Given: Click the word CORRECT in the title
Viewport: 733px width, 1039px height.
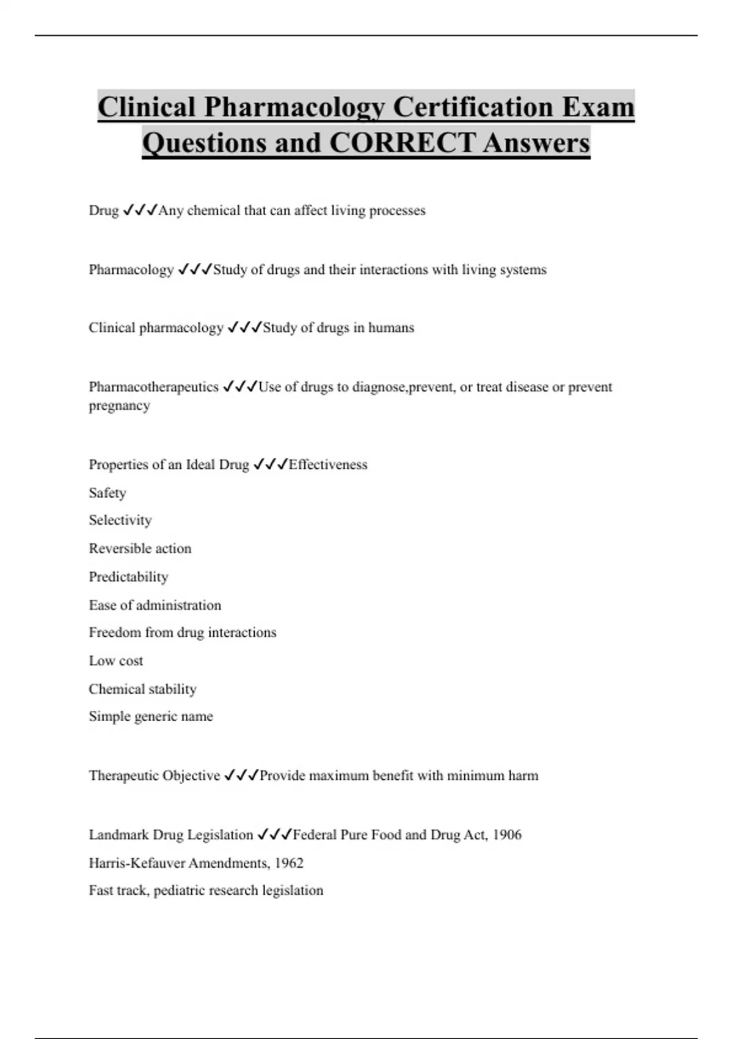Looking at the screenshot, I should (402, 143).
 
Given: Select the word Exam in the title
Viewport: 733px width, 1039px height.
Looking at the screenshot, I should (598, 107).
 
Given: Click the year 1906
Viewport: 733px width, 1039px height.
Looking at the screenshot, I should (507, 835).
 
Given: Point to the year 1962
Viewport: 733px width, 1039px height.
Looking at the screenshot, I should (289, 863).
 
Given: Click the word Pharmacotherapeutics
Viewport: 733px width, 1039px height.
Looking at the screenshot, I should (153, 387).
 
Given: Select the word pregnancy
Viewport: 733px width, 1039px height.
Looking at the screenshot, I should (119, 406).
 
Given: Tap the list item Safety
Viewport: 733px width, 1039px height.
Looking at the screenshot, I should (108, 493).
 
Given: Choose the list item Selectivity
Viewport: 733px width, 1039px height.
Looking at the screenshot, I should (120, 520).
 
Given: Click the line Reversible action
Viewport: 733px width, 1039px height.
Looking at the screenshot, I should (140, 548).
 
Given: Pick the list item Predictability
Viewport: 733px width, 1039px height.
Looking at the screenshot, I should (128, 577).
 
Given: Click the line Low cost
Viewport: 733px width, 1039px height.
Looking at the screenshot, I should (116, 661).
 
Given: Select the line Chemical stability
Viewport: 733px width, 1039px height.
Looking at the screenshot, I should (142, 689).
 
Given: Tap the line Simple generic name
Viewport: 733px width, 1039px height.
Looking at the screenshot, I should (151, 716).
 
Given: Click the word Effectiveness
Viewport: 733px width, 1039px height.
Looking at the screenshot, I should (328, 464).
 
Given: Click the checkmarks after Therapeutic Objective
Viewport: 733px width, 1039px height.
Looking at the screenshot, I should (241, 776).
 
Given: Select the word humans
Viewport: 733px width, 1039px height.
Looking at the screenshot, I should (391, 328).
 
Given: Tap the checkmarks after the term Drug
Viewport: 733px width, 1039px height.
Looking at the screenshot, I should (140, 210).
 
